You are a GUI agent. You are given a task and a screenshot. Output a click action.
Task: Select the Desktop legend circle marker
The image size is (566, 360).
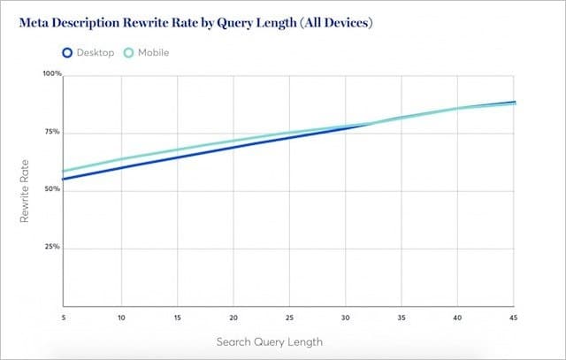point(68,53)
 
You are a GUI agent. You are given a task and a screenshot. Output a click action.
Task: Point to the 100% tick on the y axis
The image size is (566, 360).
point(52,74)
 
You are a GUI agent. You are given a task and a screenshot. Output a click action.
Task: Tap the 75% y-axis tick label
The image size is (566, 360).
point(53,132)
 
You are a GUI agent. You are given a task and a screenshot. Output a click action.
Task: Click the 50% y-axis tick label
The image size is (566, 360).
point(53,189)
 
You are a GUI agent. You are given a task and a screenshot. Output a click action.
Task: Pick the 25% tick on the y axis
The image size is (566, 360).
point(53,247)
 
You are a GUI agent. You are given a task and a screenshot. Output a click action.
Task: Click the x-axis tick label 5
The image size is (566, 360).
point(64,317)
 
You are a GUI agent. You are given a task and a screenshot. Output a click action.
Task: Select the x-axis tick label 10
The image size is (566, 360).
point(121,317)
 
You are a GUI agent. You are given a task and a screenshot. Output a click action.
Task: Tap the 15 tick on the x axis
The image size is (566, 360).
point(177,317)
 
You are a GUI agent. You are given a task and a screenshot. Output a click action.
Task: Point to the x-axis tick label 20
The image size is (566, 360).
point(233,317)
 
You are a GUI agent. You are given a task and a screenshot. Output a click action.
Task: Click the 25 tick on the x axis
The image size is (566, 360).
point(289,317)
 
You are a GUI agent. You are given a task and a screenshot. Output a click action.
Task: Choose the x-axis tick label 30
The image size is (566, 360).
point(346,317)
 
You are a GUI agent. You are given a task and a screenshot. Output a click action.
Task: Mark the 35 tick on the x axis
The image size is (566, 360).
point(402,317)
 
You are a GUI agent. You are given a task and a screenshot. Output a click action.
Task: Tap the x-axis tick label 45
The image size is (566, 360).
point(513,317)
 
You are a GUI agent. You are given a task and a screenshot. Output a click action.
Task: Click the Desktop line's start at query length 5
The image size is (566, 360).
point(65,179)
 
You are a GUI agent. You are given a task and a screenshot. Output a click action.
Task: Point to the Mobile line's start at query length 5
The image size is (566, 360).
point(65,171)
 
